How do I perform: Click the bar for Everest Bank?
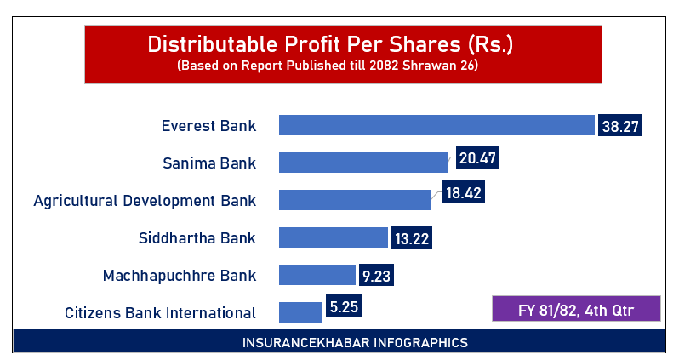(x=436, y=125)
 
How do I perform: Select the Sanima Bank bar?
(x=363, y=163)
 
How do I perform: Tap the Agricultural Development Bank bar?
(x=355, y=200)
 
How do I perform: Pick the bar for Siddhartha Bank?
(x=334, y=237)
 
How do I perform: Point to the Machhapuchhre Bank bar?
(x=317, y=275)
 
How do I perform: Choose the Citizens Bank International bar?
(x=300, y=311)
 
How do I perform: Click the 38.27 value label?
(x=619, y=125)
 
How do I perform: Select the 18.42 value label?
(x=464, y=193)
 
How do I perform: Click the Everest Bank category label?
(x=208, y=126)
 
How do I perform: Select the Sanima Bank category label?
(x=209, y=163)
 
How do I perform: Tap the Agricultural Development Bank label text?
(x=144, y=201)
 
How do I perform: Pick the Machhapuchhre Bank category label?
(x=179, y=276)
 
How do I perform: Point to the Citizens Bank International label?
(x=160, y=312)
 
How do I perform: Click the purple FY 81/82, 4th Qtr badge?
(x=576, y=308)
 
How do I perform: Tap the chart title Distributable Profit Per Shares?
(x=342, y=44)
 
